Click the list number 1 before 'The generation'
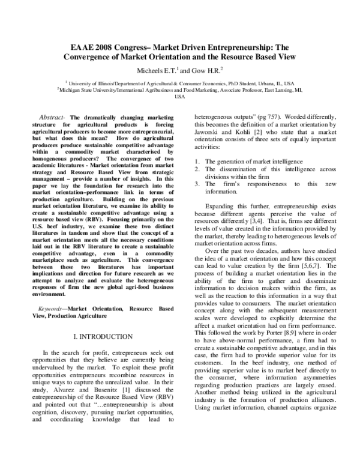click(x=199, y=162)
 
